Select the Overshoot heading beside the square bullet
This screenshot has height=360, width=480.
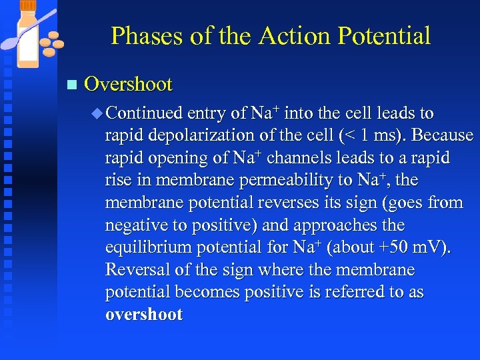click(x=129, y=85)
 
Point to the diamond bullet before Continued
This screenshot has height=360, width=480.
click(x=97, y=113)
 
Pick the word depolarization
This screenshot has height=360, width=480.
click(x=213, y=135)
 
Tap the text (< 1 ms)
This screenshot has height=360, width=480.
click(x=371, y=135)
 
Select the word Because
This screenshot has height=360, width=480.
click(x=443, y=135)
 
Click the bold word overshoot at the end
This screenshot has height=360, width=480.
click(x=143, y=315)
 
